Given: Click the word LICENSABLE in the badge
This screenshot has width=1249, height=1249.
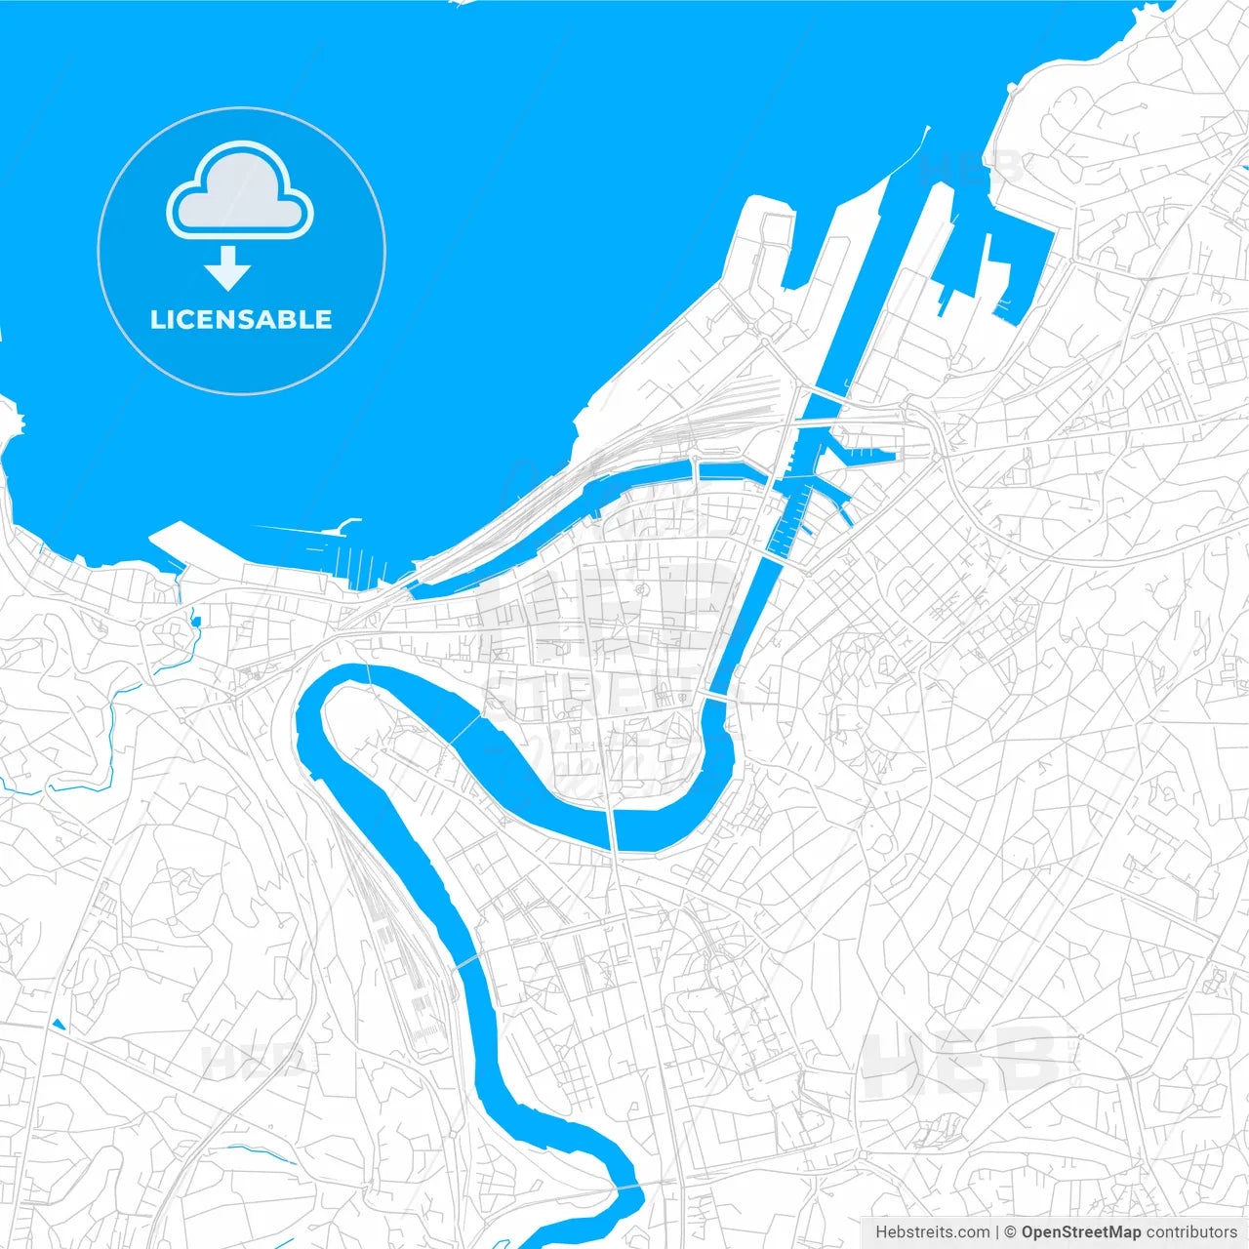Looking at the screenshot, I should click(241, 319).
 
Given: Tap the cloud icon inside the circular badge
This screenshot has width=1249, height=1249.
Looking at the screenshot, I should click(240, 192).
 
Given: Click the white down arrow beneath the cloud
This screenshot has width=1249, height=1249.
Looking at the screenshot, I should click(228, 268).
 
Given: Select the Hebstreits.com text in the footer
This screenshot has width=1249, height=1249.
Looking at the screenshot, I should click(932, 1232).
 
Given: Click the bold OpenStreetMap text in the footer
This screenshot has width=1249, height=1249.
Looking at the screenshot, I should click(1081, 1232).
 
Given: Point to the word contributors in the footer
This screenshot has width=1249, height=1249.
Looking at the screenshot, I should click(1190, 1232).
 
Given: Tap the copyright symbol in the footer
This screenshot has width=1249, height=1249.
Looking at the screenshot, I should click(1011, 1232).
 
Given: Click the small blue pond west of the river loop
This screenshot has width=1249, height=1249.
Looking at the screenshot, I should click(195, 620).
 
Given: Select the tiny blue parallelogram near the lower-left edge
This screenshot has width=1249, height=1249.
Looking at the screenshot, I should click(59, 1024).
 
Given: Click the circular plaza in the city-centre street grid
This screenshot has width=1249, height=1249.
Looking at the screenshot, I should click(642, 589).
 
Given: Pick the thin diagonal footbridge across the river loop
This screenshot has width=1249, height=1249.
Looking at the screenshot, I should click(465, 729).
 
